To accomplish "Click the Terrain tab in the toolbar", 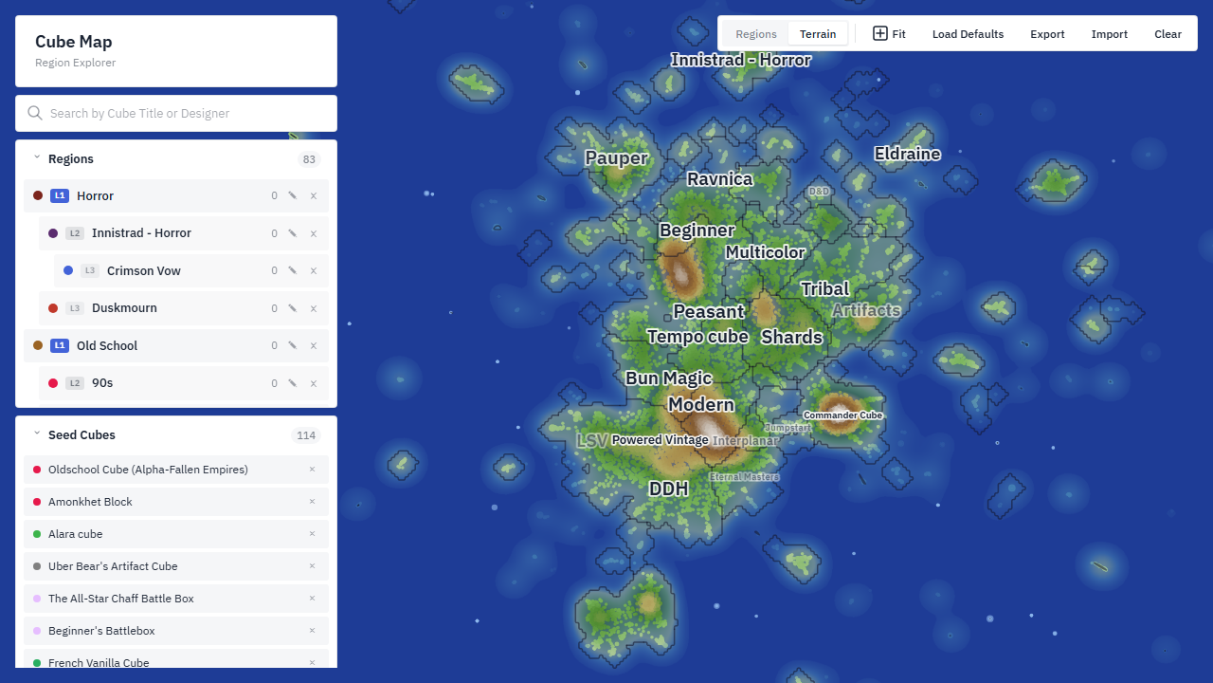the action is [817, 34].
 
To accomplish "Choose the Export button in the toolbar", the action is [1047, 34].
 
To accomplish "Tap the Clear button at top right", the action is [1168, 34].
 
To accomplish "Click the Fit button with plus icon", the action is [889, 34].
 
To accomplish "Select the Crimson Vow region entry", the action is [143, 270].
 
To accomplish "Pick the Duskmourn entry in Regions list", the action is [124, 308].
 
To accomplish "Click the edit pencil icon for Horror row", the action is [293, 195].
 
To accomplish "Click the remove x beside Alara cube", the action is [312, 534].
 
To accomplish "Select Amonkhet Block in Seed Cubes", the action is [90, 502].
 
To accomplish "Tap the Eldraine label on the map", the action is [907, 154].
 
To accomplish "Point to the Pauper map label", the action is [616, 157].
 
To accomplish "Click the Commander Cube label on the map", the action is [842, 415].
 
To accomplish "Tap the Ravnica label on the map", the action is [719, 179].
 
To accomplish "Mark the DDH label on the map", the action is [668, 489].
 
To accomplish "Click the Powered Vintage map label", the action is [660, 440].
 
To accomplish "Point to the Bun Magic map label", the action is [668, 378].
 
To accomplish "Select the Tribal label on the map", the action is [824, 289].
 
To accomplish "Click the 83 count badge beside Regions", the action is [309, 159].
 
